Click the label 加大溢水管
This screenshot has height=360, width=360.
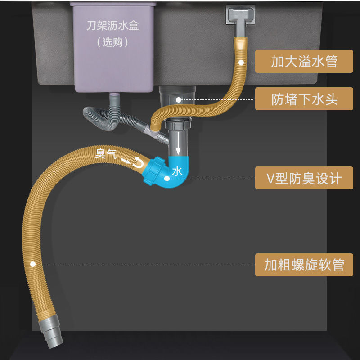[x=304, y=61]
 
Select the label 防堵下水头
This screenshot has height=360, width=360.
[x=304, y=99]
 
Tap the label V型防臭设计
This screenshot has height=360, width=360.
[x=304, y=178]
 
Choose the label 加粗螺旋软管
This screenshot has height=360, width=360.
[x=304, y=265]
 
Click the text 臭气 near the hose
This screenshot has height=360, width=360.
[x=106, y=154]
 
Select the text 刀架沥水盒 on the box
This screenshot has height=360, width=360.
[x=112, y=26]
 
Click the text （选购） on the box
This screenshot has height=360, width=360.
[x=112, y=42]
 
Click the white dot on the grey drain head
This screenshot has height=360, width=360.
[x=179, y=99]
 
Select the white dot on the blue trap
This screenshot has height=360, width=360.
[x=167, y=179]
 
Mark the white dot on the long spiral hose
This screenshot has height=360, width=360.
[x=32, y=264]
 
